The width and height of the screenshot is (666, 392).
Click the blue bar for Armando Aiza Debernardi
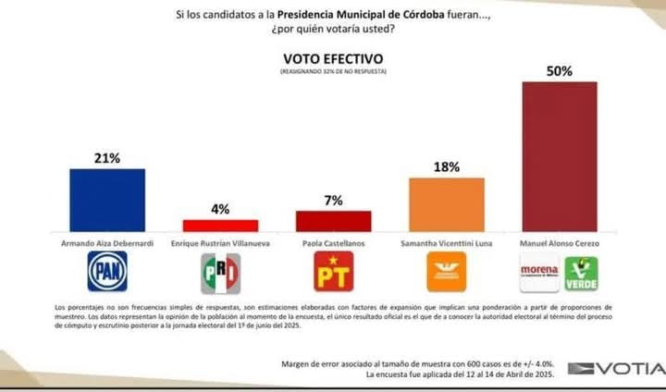click(x=107, y=200)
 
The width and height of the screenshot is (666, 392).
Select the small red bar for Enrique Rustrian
click(x=220, y=225)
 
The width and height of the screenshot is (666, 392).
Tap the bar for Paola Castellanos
click(x=333, y=221)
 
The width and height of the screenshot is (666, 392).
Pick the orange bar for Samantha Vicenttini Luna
click(x=447, y=204)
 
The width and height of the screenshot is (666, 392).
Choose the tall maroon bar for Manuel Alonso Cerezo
click(x=560, y=155)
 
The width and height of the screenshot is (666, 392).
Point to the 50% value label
click(x=560, y=70)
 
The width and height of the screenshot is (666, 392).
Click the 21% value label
click(x=107, y=158)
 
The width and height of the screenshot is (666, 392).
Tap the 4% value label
click(x=220, y=209)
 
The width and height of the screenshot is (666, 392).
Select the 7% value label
click(x=333, y=200)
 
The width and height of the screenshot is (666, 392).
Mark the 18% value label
click(x=447, y=167)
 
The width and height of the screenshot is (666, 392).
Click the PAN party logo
click(x=107, y=272)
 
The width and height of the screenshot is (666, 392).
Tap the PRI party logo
click(x=220, y=272)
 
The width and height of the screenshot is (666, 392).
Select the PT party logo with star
click(x=333, y=272)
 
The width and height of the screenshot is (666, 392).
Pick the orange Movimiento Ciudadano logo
click(x=447, y=272)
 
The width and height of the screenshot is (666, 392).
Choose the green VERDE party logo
click(x=581, y=272)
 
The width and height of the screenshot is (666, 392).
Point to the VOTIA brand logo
click(x=614, y=369)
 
